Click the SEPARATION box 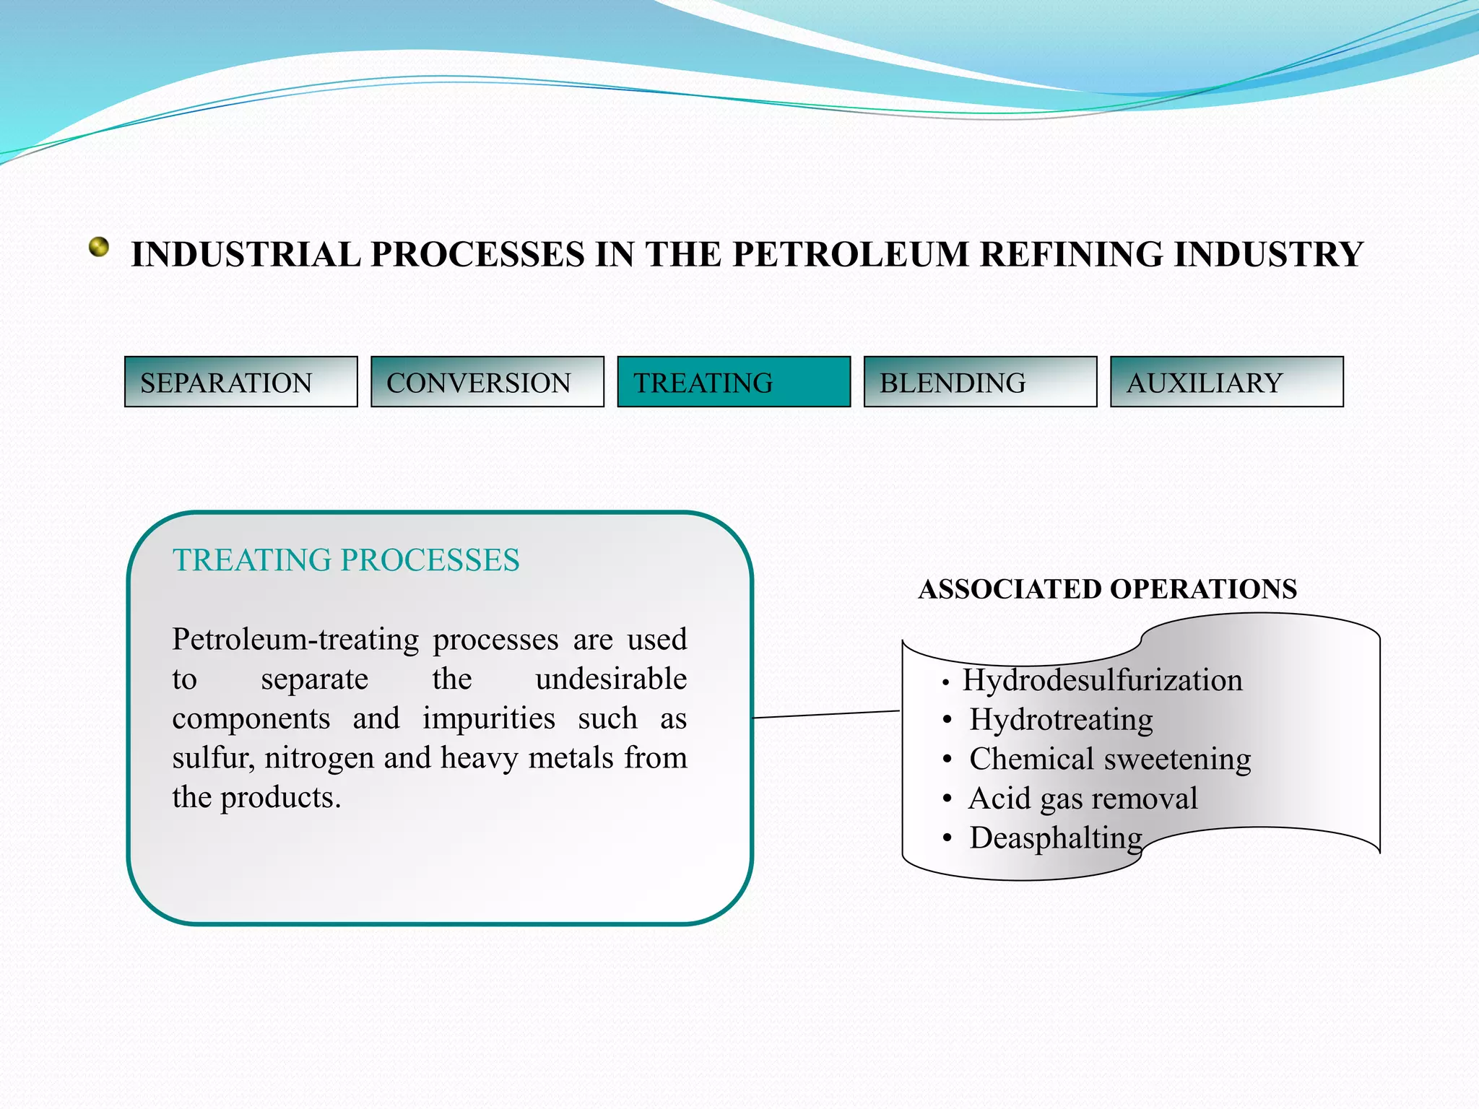240,382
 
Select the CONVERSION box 487,382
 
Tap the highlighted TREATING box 734,382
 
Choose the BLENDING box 980,382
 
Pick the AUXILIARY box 1226,382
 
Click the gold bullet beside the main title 99,248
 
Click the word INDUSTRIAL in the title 246,255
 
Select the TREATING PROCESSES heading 346,560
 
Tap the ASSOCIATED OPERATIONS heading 1107,589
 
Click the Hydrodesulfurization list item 1102,680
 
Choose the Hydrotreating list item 1061,720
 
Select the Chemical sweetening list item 1110,760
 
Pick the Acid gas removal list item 1083,799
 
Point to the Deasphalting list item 1055,838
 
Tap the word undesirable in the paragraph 611,679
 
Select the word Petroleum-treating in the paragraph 295,640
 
